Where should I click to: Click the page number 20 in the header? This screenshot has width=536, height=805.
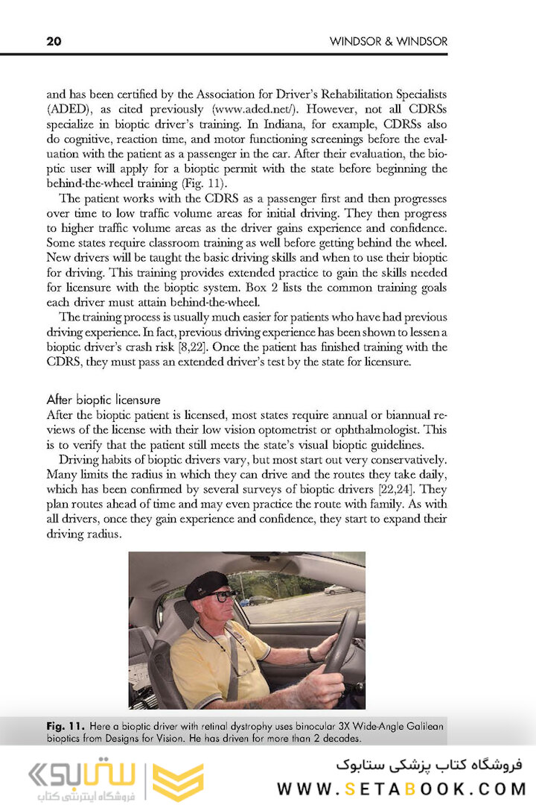(x=54, y=42)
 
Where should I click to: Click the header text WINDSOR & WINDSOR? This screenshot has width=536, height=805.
(x=389, y=42)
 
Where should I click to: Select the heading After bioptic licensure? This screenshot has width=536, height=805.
(x=103, y=400)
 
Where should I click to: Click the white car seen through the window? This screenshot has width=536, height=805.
(x=337, y=590)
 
